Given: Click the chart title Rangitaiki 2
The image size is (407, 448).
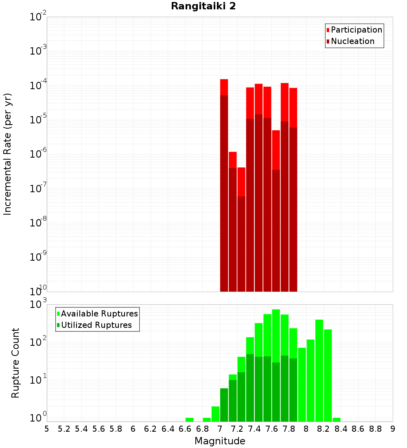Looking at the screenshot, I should pos(203,7).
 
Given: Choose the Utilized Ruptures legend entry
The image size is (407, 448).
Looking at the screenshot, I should pos(96,325).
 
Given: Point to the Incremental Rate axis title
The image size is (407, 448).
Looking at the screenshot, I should pos(8,154).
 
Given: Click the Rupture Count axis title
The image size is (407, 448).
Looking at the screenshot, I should pos(15,362).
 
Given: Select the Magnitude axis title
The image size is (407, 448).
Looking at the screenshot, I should pos(220,441).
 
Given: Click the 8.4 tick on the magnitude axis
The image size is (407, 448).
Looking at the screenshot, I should pos(341,429).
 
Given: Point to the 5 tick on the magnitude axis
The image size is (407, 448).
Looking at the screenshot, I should pos(47,429).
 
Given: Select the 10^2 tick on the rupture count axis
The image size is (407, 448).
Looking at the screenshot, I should pos(39,343).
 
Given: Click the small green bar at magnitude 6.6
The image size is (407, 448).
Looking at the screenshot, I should pos(189,419).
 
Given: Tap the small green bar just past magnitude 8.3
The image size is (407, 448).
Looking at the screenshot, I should pos(337,419).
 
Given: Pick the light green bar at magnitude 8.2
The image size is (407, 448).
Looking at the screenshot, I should pos(328,375).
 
